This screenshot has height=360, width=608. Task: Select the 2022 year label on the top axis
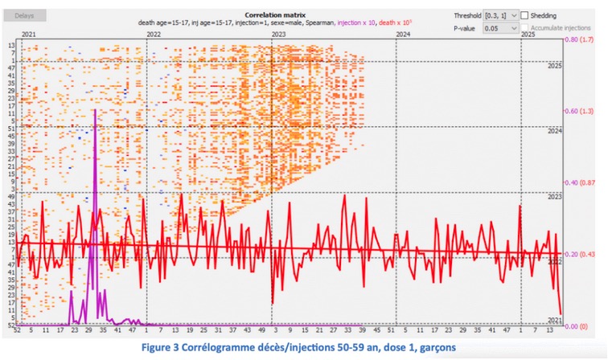[x=154, y=36]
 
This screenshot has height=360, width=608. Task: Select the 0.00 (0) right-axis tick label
[x=575, y=326]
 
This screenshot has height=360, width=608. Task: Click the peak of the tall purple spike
[x=95, y=109]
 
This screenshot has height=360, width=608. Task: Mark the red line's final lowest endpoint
[x=561, y=314]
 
